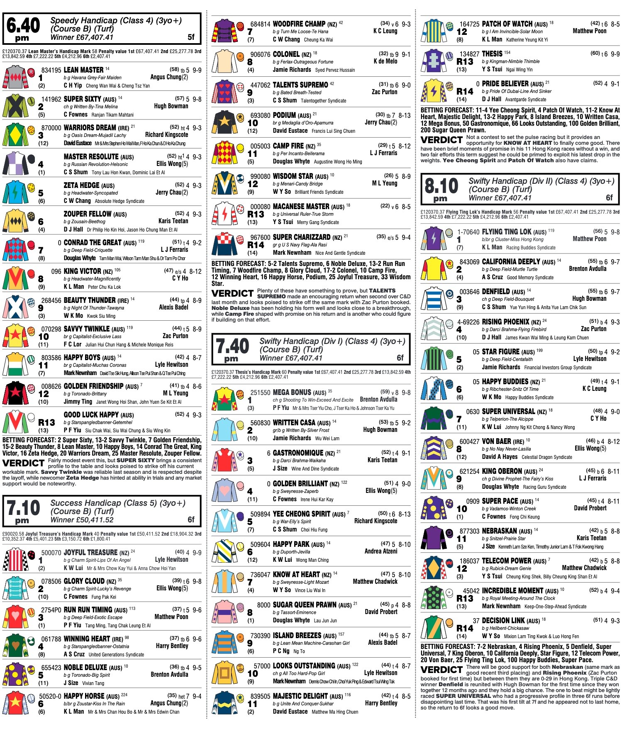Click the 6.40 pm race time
(23, 28)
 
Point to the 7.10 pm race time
(23, 511)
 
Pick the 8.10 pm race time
(441, 189)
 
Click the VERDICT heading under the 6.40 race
(23, 463)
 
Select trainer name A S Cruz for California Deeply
(492, 277)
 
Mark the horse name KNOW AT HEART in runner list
(296, 575)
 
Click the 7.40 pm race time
(232, 349)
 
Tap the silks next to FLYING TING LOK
(433, 239)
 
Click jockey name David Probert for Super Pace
(590, 508)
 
